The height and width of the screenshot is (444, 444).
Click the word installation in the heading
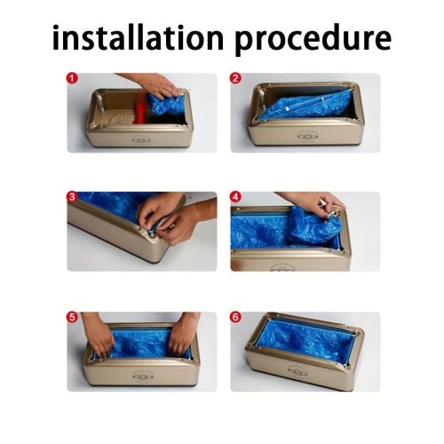coord(138,37)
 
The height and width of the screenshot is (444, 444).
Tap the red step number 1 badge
coord(72,78)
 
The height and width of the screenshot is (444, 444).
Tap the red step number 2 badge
coord(235,78)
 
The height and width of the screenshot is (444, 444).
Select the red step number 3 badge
coord(72,196)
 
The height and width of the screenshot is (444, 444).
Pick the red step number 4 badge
coord(235,196)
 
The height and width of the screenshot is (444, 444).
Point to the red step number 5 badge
coord(72,317)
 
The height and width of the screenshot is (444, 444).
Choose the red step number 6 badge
coord(235,317)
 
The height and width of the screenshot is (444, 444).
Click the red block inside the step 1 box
coord(140,112)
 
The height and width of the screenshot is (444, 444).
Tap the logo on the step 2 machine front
coord(306,136)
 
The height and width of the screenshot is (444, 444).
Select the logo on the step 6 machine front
coord(298,370)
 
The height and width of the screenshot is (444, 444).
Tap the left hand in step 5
coord(99,335)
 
